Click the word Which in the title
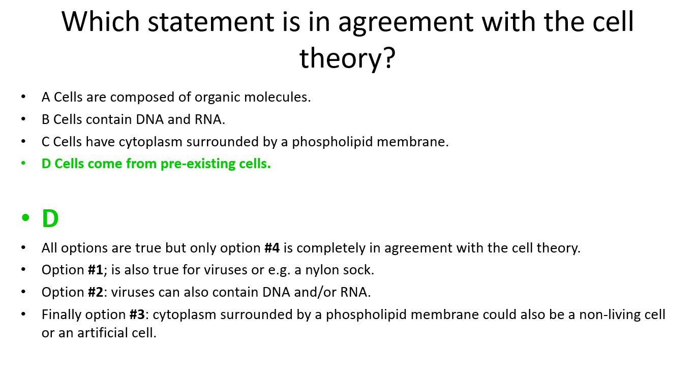tap(101, 21)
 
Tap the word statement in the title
tap(210, 22)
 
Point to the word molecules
tap(278, 97)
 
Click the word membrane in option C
tap(413, 142)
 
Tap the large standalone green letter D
tap(50, 218)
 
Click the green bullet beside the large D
tap(25, 217)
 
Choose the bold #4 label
tap(272, 248)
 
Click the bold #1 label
tap(96, 270)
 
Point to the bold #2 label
tap(96, 292)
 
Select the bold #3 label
tap(137, 314)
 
